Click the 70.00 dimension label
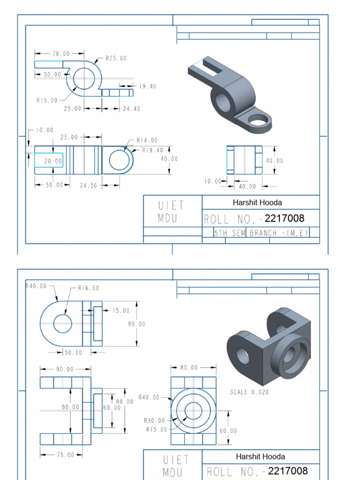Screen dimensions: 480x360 (60, 54)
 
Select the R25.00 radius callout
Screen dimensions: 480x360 (115, 59)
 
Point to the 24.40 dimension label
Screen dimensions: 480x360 (131, 108)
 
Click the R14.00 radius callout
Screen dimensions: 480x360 (147, 140)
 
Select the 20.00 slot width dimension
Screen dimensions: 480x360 (53, 161)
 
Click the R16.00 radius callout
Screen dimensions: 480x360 (88, 288)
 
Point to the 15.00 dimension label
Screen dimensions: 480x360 (121, 310)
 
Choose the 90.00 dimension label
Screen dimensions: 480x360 (66, 369)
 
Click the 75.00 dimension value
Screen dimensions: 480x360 (66, 455)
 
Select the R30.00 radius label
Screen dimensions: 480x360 (154, 420)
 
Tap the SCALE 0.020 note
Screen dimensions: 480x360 (249, 392)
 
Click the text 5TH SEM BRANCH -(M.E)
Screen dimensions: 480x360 (261, 233)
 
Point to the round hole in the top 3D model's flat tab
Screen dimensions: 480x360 (257, 122)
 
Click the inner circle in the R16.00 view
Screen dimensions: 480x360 (62, 323)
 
